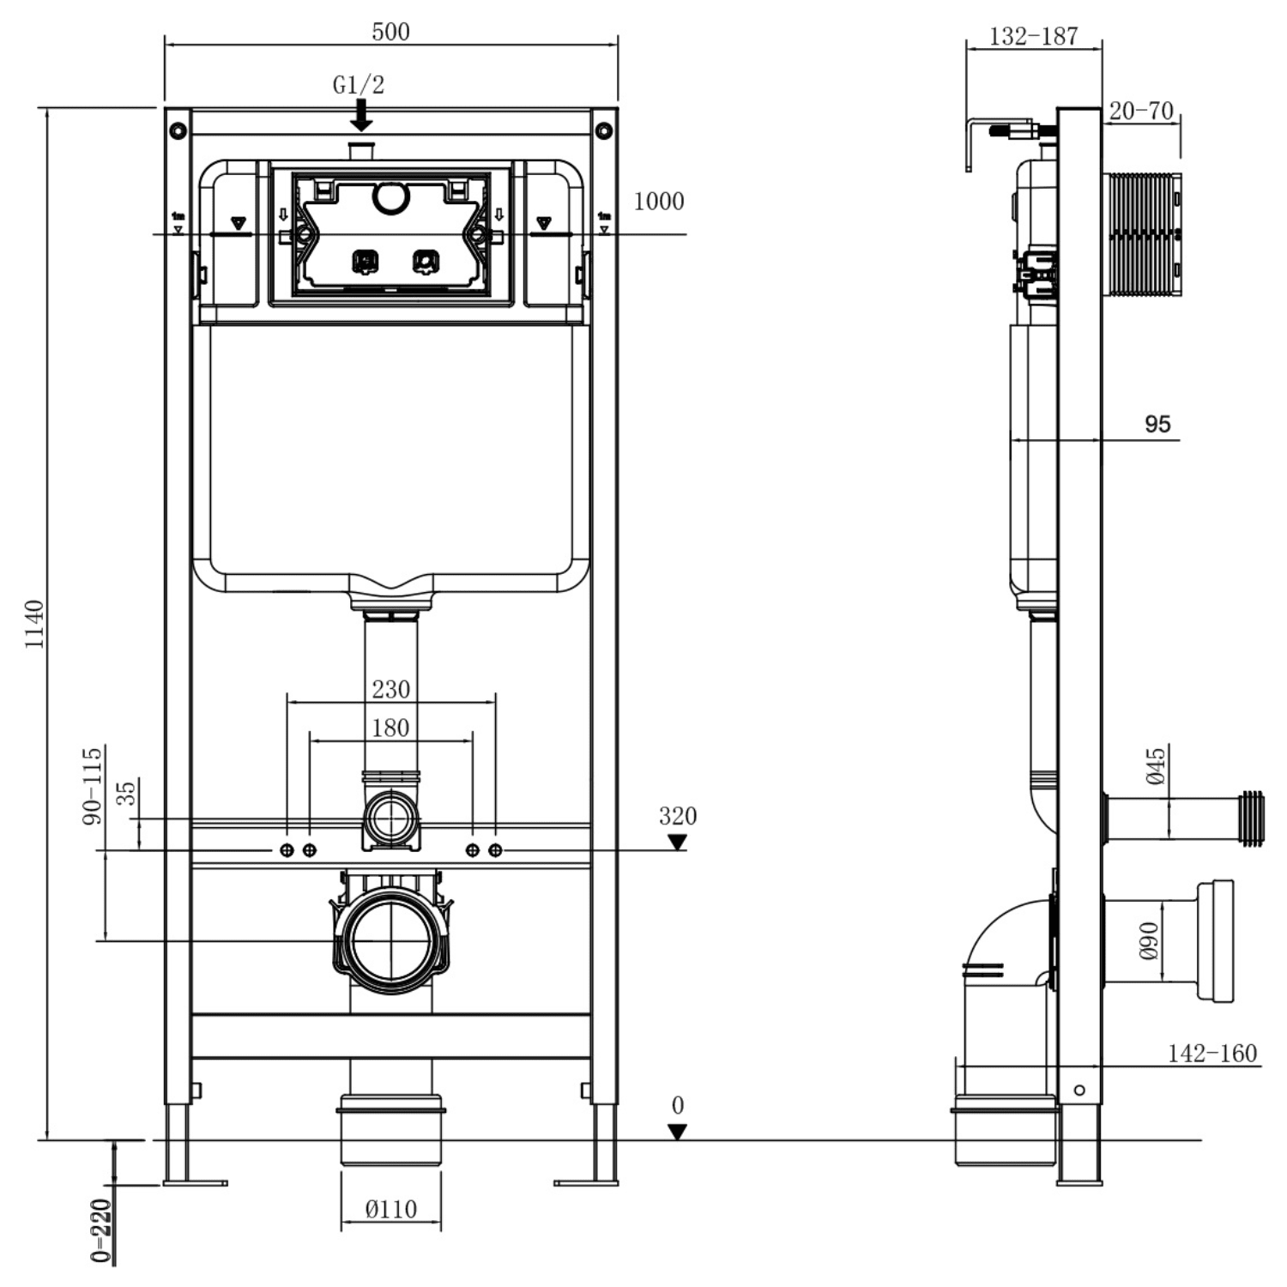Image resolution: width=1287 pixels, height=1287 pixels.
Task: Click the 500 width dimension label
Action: pos(390,32)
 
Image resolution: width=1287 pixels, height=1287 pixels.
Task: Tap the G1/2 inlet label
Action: pos(359,85)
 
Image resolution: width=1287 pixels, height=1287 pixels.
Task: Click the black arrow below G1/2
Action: pos(361,115)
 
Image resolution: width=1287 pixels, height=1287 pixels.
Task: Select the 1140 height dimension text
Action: pos(33,624)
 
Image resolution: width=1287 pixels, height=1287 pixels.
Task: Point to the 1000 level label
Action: pos(658,202)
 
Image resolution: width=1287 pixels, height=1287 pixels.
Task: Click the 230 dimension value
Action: pos(390,689)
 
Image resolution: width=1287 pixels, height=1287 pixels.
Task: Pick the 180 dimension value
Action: pos(390,728)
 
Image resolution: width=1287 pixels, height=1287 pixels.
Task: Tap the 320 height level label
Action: pos(677,815)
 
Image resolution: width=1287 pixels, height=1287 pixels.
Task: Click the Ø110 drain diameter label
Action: pos(390,1209)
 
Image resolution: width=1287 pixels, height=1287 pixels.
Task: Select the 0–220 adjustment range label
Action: pos(101,1230)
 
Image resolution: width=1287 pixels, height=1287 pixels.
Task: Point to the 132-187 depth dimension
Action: pos(1033,36)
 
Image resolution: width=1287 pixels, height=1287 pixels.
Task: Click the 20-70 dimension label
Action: pos(1140,111)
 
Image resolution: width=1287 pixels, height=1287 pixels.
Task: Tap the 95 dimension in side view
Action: pos(1157,424)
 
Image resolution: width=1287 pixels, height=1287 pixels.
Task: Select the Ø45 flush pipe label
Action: pos(1156,766)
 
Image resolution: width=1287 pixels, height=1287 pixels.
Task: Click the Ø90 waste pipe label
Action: pos(1149,941)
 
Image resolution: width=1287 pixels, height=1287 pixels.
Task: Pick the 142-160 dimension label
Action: pos(1211,1053)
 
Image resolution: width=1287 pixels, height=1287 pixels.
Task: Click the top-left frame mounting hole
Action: pos(178,130)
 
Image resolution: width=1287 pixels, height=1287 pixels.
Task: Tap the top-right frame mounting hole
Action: pos(604,130)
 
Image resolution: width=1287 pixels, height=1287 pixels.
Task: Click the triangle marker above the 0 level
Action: pos(677,1132)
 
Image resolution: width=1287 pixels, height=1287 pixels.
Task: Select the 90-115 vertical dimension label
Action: pos(92,785)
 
